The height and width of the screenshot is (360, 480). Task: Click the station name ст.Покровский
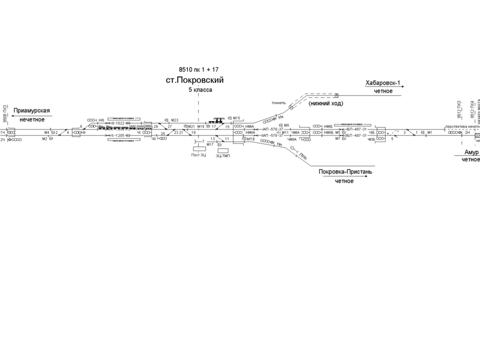click(198, 79)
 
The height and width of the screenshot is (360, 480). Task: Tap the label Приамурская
click(32, 111)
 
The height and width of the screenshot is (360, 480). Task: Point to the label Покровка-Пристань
click(346, 172)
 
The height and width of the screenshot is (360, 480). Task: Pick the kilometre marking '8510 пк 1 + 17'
click(198, 69)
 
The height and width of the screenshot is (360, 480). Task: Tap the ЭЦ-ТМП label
click(223, 155)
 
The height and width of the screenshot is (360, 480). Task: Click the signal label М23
click(175, 120)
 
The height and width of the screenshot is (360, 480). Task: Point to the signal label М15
click(236, 118)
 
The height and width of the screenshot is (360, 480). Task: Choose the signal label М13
click(250, 139)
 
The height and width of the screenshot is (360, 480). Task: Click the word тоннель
click(279, 103)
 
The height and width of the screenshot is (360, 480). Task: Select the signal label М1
click(430, 133)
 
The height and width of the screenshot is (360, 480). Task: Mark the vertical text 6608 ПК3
click(5, 113)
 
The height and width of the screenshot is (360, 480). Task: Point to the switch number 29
click(155, 127)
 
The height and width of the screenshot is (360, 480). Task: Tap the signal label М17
click(209, 145)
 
